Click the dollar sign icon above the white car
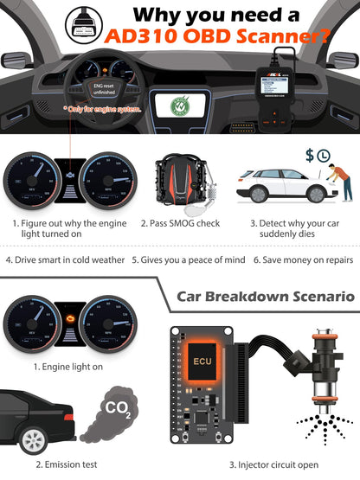(x=311, y=155)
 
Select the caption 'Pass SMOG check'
(x=182, y=224)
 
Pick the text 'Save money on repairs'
(x=303, y=259)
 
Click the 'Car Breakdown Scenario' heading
(x=265, y=296)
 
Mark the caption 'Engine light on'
(x=67, y=367)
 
